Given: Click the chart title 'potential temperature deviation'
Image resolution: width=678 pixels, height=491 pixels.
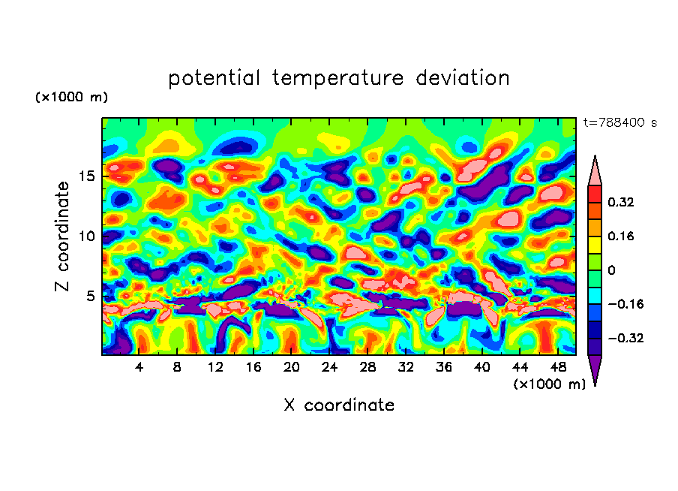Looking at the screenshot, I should [x=339, y=78].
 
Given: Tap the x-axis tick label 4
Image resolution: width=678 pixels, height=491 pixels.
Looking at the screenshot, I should [x=139, y=367].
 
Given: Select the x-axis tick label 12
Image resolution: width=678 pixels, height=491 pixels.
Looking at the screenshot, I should [x=215, y=367].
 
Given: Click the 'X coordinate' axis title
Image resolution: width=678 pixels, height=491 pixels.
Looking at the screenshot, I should [x=339, y=405].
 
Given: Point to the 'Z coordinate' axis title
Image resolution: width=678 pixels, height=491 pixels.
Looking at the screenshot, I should [x=63, y=236].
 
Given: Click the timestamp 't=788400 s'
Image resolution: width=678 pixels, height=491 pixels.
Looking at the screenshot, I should [x=620, y=122].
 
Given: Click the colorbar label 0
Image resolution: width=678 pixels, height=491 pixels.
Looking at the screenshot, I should [x=611, y=270].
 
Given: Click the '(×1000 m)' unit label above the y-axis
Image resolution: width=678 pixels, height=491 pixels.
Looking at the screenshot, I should [x=72, y=98].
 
